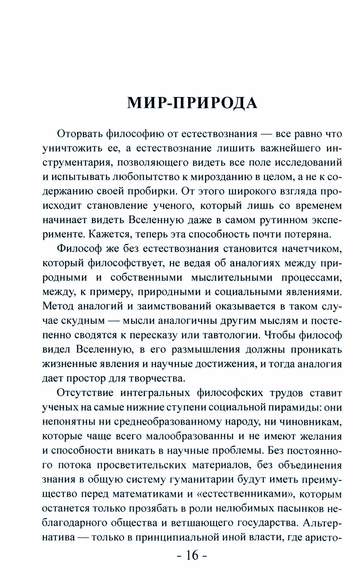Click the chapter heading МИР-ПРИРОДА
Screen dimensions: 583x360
pyautogui.click(x=192, y=103)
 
